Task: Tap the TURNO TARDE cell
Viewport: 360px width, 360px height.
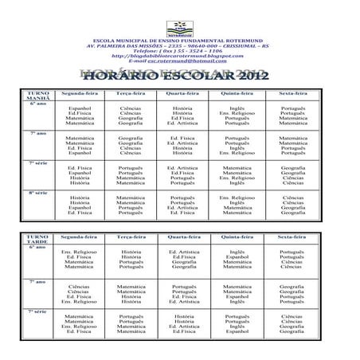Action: tap(32, 240)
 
